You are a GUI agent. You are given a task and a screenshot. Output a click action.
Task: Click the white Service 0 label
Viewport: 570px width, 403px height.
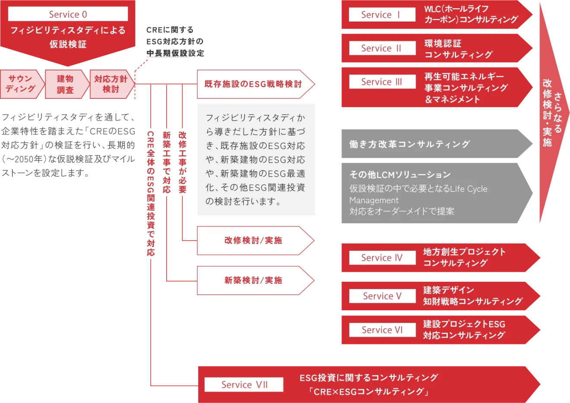pos(68,14)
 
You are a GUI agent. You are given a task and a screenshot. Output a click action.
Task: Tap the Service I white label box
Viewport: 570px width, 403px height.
pos(382,15)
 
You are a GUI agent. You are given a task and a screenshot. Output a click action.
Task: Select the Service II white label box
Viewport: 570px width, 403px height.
pos(382,48)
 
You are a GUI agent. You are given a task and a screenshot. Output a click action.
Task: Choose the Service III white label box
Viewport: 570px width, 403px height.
pos(382,82)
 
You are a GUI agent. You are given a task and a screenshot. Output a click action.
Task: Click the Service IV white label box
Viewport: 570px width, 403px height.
pos(382,258)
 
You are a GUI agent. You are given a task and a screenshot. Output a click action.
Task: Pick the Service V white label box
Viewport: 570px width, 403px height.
pos(382,296)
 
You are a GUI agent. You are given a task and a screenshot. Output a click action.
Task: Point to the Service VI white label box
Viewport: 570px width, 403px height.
pos(382,330)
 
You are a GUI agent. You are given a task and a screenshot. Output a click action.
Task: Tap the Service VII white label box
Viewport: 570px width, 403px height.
pos(244,384)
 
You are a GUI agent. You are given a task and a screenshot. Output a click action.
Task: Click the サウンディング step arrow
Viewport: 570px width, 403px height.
pos(21,84)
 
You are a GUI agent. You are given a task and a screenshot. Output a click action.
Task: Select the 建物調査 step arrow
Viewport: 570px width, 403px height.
pos(66,84)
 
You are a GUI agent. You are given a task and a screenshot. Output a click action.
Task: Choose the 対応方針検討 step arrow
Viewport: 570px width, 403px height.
pos(111,84)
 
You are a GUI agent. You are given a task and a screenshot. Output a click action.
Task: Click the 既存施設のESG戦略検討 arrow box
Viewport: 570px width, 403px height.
pos(253,84)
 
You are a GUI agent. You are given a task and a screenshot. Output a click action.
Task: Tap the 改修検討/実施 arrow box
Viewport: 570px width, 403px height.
pos(253,240)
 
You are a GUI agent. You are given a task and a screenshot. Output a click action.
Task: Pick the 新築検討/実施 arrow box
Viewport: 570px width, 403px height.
pos(253,280)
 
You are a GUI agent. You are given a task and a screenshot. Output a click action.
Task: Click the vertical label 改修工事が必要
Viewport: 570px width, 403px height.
pos(182,162)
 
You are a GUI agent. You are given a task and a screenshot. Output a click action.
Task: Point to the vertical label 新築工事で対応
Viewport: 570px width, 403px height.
pos(167,162)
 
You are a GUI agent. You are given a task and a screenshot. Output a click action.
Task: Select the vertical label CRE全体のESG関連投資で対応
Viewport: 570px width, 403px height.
pos(151,194)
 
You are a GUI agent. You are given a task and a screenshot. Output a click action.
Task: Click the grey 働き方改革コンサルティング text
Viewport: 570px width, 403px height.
pos(409,144)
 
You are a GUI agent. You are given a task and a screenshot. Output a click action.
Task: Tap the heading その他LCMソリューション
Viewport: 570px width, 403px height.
pos(400,175)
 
